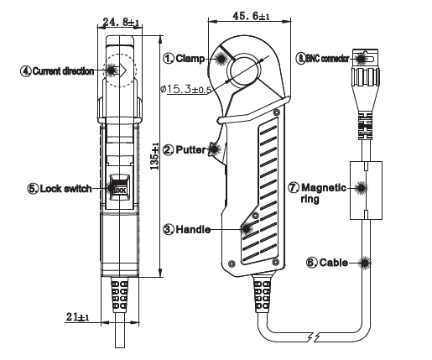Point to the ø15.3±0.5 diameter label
coord(196,90)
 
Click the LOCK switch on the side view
coord(119,189)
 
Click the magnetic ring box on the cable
coord(364,190)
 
